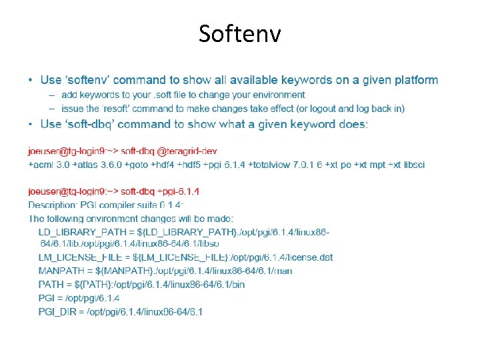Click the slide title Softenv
(239, 33)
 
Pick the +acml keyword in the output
(41, 164)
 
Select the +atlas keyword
(84, 164)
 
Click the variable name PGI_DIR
(57, 311)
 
